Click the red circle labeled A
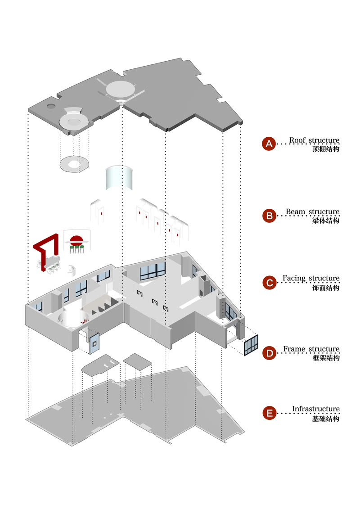tap(269, 144)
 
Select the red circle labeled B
tap(269, 216)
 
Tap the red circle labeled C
tap(269, 283)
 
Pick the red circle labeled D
tap(269, 353)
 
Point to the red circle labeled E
tap(269, 413)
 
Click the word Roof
tap(297, 140)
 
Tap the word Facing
tap(296, 279)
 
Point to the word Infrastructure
tap(315, 409)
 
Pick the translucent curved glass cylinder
tap(118, 179)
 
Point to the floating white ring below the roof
tap(74, 163)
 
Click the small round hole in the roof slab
tap(50, 106)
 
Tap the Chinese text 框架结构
tap(325, 358)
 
